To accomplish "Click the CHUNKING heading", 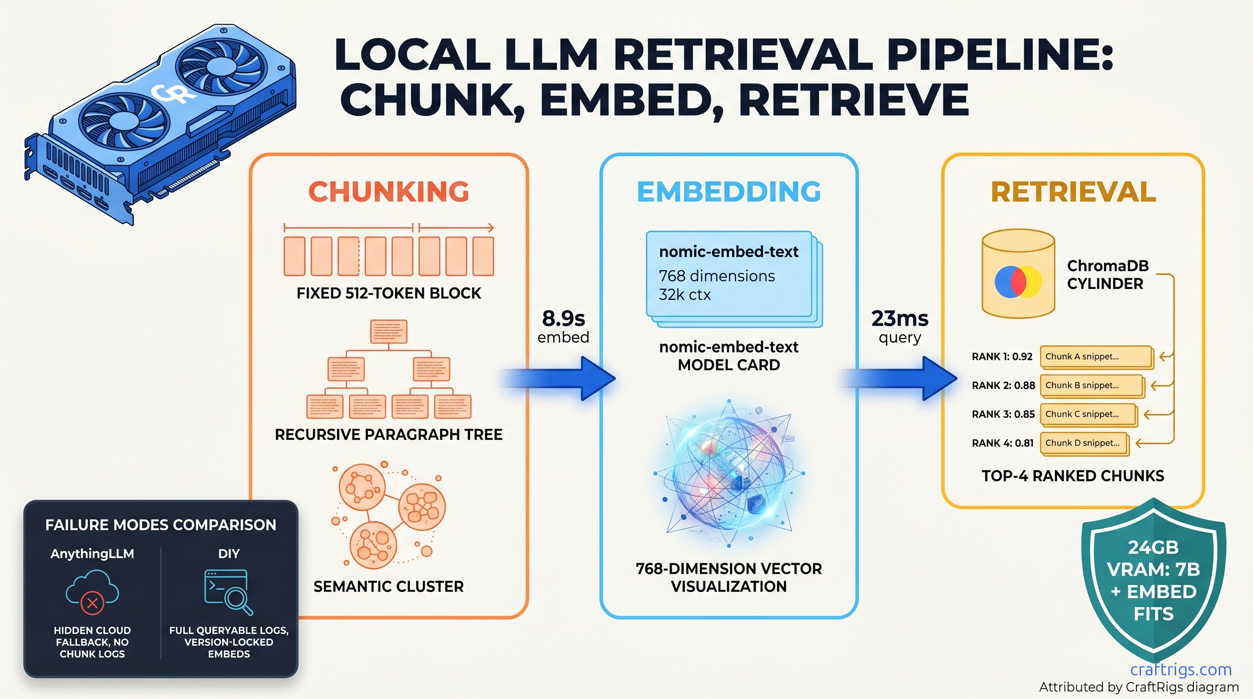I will (389, 192).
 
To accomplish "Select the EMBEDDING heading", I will (728, 192).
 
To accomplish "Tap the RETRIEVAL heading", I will (1073, 192).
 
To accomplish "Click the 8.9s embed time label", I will (563, 326).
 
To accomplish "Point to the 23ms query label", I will (899, 326).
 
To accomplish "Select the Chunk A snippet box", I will (1096, 357).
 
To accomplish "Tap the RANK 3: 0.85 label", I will (1003, 414).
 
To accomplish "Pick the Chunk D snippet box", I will (1084, 443).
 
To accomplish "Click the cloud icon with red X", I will (92, 592).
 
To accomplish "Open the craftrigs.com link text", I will (1181, 669).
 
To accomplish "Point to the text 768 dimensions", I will (717, 276).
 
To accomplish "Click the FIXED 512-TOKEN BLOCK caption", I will (389, 293).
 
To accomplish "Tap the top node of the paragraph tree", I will (389, 331).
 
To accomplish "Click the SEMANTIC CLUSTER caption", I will (388, 586).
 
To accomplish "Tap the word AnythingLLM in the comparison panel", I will (92, 554).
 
